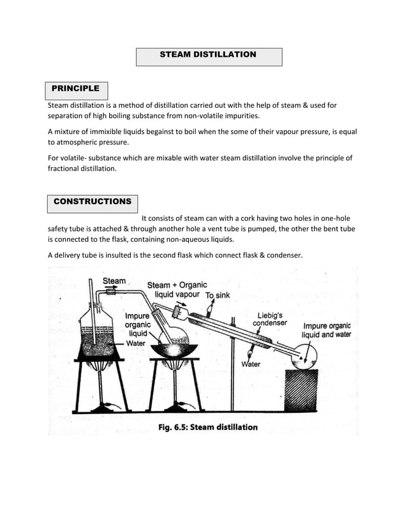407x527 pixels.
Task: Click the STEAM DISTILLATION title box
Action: pyautogui.click(x=209, y=56)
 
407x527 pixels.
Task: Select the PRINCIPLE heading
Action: pyautogui.click(x=75, y=89)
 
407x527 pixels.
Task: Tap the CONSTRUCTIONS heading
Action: pyautogui.click(x=93, y=202)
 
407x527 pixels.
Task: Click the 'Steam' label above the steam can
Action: pyautogui.click(x=114, y=281)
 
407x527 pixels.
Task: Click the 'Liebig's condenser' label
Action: pyautogui.click(x=270, y=319)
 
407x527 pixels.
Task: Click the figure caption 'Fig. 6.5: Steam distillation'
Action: pyautogui.click(x=208, y=427)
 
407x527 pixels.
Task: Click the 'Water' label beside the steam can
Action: pyautogui.click(x=135, y=343)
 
